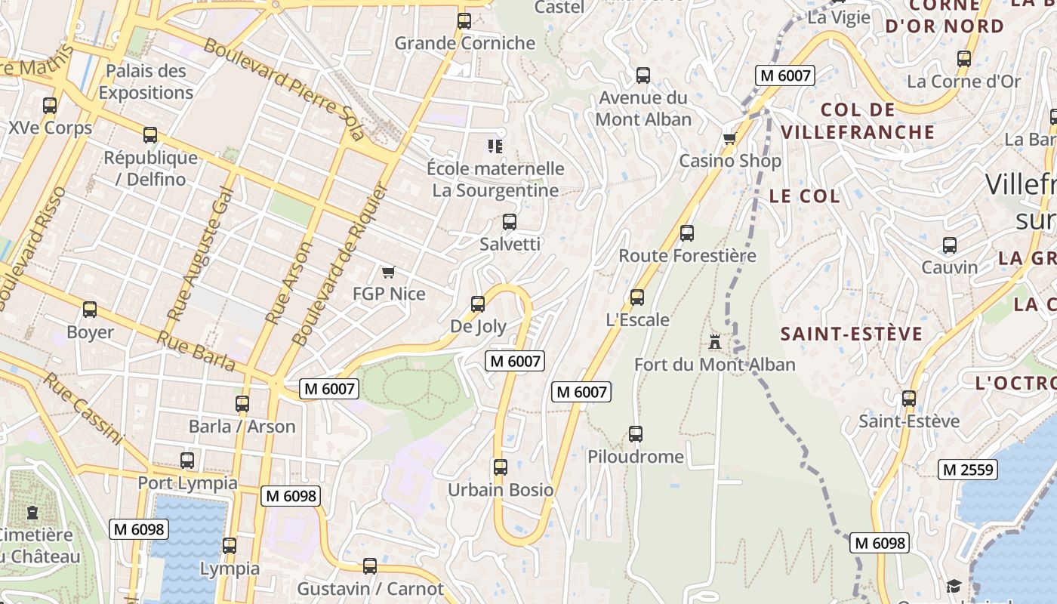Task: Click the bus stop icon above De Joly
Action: (478, 304)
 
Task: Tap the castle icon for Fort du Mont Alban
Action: (714, 342)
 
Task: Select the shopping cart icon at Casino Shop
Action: (729, 138)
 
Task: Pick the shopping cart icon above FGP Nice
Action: (388, 272)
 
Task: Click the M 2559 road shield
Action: (969, 470)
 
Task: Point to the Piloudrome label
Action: (636, 457)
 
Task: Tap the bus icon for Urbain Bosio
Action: (500, 467)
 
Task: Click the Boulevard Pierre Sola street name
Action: (284, 89)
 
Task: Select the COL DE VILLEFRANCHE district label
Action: (858, 121)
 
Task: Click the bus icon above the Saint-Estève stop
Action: (909, 399)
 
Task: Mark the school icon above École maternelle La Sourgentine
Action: (495, 146)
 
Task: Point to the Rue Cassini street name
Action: (82, 408)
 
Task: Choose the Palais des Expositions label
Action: (146, 82)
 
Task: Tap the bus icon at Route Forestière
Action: (687, 233)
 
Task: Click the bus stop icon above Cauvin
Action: (950, 245)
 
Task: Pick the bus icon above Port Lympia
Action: (187, 460)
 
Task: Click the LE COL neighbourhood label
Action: (804, 196)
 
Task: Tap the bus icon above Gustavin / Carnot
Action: (370, 565)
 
